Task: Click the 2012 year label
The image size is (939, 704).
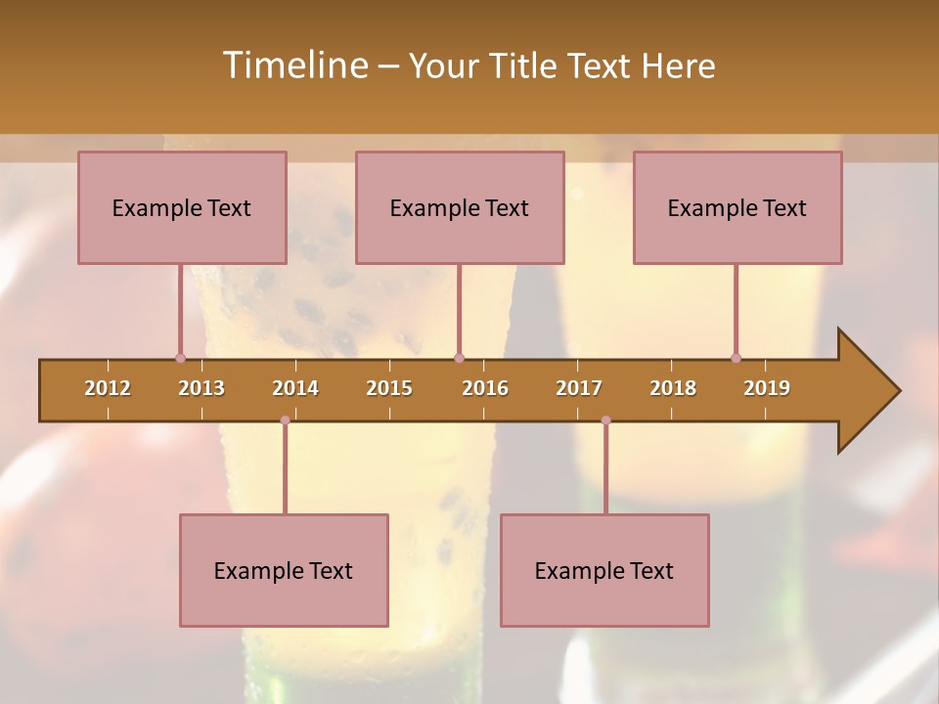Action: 108,388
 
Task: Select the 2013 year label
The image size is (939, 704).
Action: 201,388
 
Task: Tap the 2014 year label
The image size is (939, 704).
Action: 295,388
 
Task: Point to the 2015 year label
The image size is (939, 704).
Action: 389,388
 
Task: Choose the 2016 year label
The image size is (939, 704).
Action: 485,388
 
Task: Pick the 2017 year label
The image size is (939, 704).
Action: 579,388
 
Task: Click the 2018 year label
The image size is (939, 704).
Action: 673,388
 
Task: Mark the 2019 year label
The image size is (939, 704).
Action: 767,388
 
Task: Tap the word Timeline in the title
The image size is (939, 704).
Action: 293,66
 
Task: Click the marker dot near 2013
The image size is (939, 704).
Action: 180,358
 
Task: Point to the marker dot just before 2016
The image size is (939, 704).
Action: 459,358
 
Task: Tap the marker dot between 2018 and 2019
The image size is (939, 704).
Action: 736,358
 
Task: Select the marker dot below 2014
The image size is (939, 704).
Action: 285,420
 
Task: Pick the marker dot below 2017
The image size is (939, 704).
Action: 605,420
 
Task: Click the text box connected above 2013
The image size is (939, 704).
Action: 182,207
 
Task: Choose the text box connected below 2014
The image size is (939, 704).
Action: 284,570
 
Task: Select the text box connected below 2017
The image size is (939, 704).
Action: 604,570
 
